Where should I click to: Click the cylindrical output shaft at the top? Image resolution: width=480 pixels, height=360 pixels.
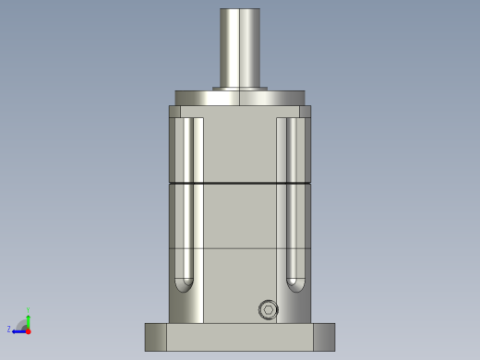point(240,46)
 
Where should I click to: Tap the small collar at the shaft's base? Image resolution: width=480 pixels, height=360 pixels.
point(240,89)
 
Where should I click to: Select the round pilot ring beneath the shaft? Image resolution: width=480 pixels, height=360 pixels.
point(240,98)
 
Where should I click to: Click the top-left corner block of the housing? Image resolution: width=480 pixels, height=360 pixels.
point(174,112)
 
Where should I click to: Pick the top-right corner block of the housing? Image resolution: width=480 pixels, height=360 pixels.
point(305,112)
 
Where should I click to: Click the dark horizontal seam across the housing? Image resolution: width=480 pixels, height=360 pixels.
point(240,184)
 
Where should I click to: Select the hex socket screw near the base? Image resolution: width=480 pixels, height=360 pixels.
point(268,310)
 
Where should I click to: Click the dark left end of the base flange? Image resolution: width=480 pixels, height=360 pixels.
point(155,337)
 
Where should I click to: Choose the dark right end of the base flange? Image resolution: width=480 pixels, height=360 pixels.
point(324,337)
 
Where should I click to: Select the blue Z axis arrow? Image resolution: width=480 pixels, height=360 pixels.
point(18,330)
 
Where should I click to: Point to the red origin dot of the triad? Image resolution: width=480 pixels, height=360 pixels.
point(28,330)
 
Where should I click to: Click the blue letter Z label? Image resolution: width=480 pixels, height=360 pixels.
point(9,330)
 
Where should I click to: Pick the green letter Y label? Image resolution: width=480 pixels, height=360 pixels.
point(28,310)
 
